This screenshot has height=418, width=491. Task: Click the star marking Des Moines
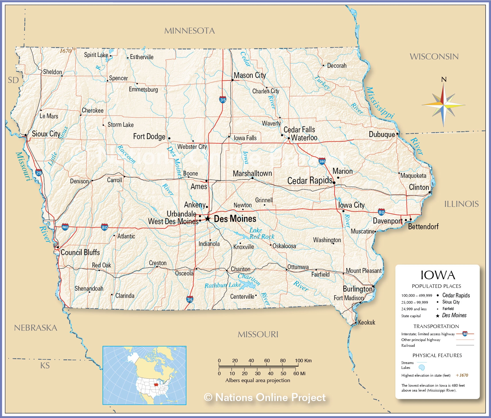[x=208, y=219]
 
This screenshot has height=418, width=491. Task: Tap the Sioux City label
[x=46, y=134]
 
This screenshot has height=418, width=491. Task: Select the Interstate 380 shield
[x=322, y=161]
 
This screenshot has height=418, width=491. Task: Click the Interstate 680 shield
[x=65, y=227]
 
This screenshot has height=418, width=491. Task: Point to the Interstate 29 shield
[x=39, y=173]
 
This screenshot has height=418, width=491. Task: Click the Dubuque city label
[x=382, y=134]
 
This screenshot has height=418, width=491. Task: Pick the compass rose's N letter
[x=444, y=80]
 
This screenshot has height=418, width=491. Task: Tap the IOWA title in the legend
[x=438, y=275]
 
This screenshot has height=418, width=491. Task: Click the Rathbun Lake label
[x=223, y=285]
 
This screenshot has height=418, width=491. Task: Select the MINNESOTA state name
[x=190, y=31]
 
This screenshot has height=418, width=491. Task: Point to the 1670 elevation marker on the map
[x=65, y=51]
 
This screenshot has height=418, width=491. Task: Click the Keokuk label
[x=366, y=322]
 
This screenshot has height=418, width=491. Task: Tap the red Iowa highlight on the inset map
[x=156, y=384]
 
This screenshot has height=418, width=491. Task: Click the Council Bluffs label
[x=80, y=253]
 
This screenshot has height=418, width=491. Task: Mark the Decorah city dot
[x=323, y=66]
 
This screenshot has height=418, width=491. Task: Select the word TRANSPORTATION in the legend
[x=436, y=326]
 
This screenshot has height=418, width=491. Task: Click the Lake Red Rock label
[x=261, y=233]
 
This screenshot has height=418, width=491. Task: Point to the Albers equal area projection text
[x=258, y=380]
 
